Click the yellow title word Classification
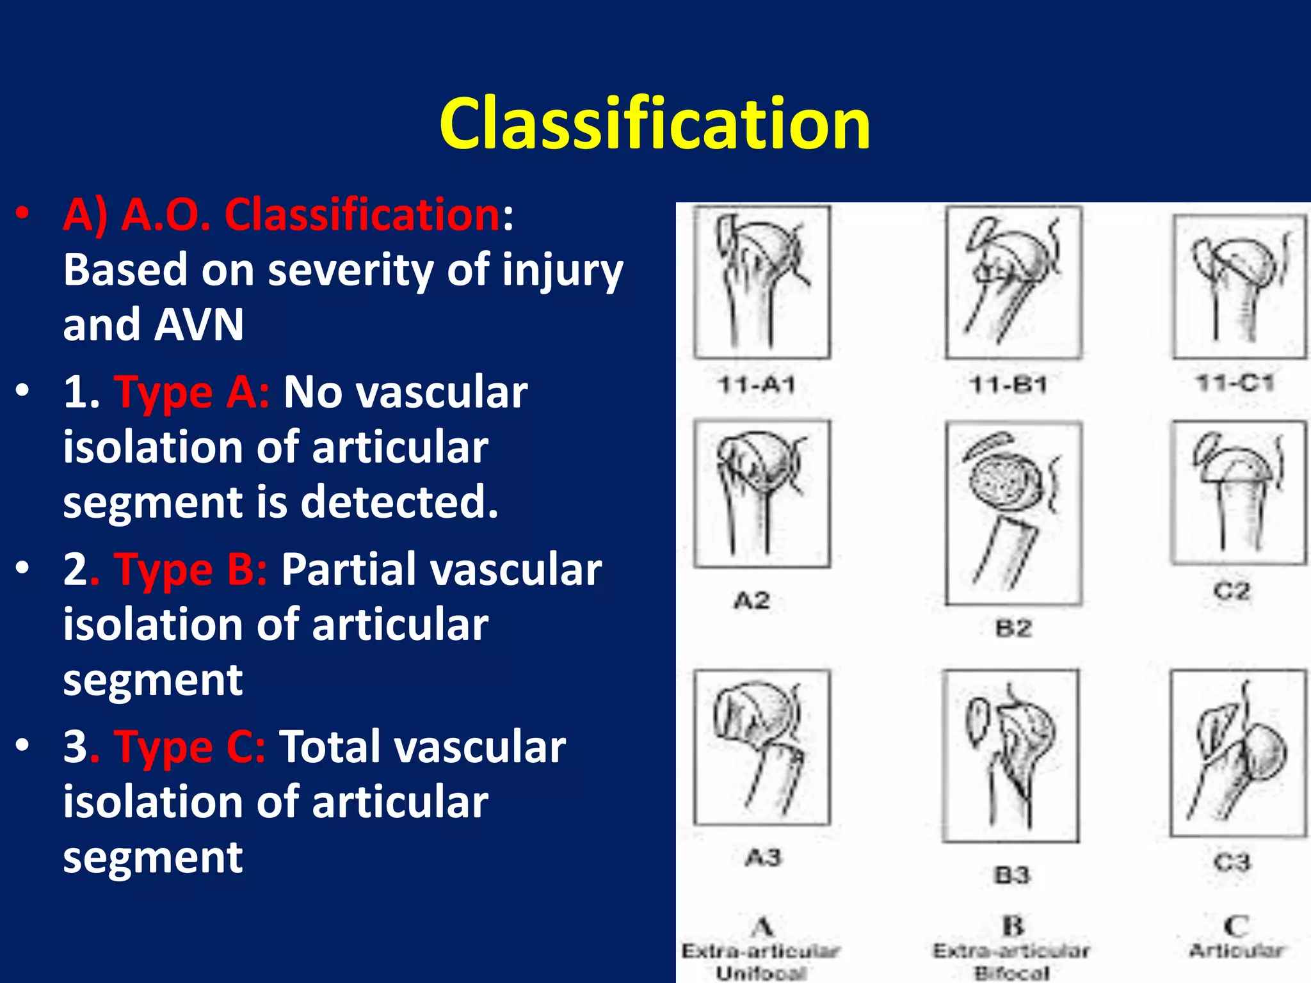654,124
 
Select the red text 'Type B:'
191,569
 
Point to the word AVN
199,324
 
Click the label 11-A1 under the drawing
757,385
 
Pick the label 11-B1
1008,385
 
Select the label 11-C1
1235,383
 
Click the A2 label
752,600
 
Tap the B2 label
1013,628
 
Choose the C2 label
1232,590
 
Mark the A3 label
763,856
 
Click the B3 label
1011,874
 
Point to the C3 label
1232,862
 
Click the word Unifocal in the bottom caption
760,973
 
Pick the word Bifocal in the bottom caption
1012,973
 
